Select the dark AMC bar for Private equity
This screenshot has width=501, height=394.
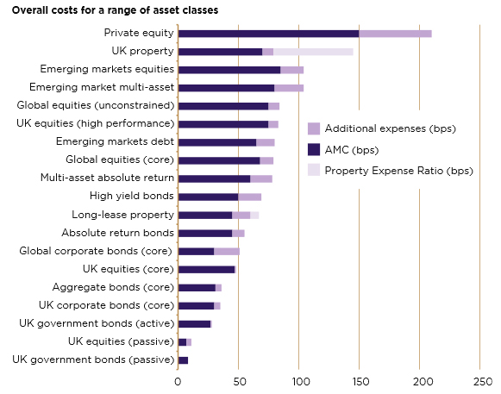pyautogui.click(x=267, y=34)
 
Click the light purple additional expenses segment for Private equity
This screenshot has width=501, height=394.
pyautogui.click(x=395, y=34)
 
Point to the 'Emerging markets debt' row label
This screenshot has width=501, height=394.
pyautogui.click(x=115, y=141)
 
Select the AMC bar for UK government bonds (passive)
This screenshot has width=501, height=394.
pyautogui.click(x=182, y=360)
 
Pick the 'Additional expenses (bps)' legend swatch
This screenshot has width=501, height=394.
pyautogui.click(x=314, y=128)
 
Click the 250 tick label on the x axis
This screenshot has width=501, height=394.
pyautogui.click(x=481, y=380)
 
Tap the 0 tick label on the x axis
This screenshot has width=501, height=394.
pyautogui.click(x=178, y=380)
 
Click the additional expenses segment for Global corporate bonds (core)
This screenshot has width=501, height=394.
pyautogui.click(x=227, y=251)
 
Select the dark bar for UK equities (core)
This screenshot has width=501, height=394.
pyautogui.click(x=205, y=269)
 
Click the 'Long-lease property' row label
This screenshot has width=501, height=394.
pyautogui.click(x=120, y=214)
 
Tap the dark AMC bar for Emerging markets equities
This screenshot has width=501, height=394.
pyautogui.click(x=229, y=70)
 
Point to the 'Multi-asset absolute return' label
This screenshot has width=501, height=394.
pyautogui.click(x=107, y=178)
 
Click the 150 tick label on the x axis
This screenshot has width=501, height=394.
pyautogui.click(x=360, y=380)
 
